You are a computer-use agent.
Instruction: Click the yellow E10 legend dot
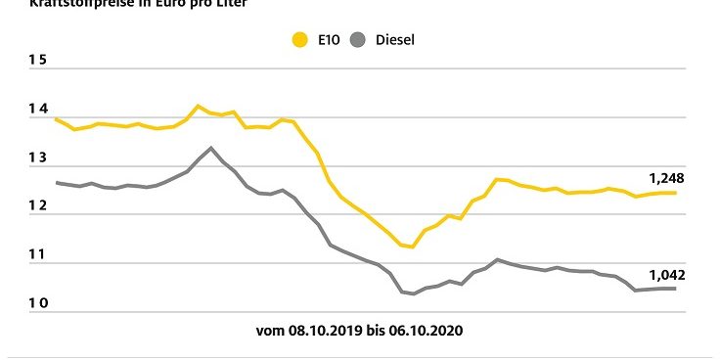point(299,40)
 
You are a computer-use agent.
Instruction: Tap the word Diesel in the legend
point(395,40)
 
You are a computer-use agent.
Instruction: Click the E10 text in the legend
point(327,40)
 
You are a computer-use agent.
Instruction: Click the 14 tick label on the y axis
point(37,110)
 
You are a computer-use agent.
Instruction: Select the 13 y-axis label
point(37,158)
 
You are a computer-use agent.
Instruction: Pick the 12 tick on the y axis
point(37,206)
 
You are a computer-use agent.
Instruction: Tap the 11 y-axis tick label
point(37,255)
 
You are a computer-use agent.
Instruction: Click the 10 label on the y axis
point(37,304)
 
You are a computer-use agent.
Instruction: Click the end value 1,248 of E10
point(666,178)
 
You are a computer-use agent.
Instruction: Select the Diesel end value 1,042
point(666,275)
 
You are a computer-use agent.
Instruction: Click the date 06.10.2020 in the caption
point(429,331)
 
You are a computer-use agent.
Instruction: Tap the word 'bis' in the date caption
point(377,331)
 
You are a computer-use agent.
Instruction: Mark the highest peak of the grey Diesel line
point(210,148)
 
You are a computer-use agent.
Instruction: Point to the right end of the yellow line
point(676,193)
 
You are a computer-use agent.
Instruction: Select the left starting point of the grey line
point(56,182)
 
